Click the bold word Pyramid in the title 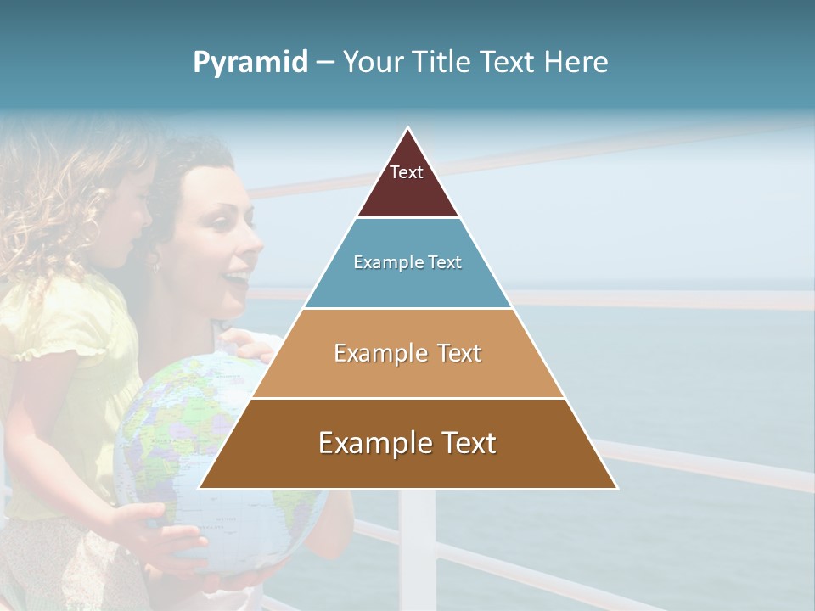point(250,63)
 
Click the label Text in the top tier point(406,172)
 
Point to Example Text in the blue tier point(407,262)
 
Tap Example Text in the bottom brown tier point(407,443)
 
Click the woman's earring point(155,265)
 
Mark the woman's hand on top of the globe point(246,344)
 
